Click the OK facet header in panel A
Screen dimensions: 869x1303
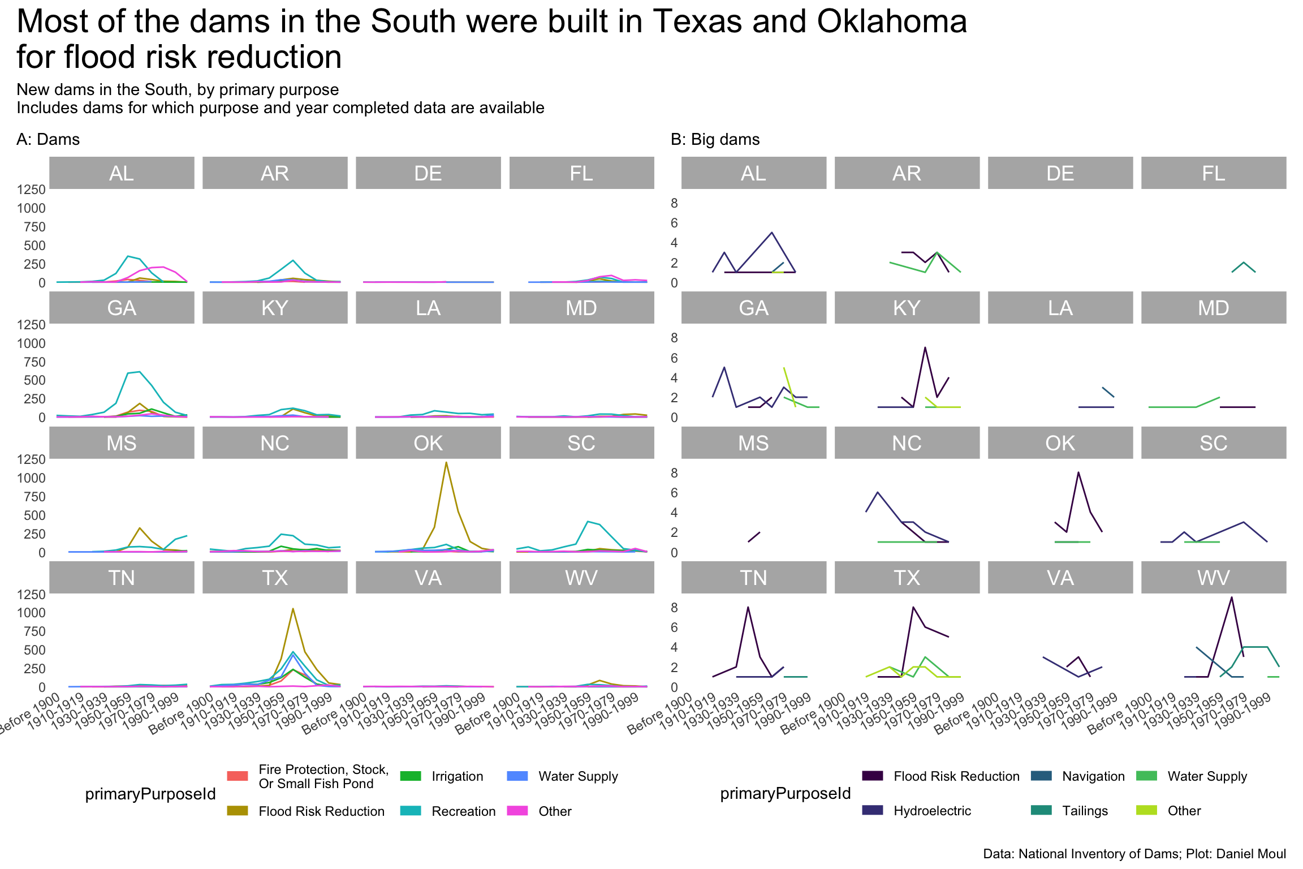(428, 443)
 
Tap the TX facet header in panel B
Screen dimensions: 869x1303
(907, 578)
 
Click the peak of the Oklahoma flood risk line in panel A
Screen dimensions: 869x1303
(446, 463)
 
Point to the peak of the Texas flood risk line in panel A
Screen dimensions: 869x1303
(292, 609)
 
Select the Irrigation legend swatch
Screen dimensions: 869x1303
(410, 776)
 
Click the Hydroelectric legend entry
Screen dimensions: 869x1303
(931, 811)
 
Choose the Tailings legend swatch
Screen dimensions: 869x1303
(1041, 811)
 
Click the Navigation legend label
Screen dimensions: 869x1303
(1093, 776)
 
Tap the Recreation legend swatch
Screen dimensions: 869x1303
(410, 811)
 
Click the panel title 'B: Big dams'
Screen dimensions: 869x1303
(715, 140)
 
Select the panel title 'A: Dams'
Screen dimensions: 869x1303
(48, 140)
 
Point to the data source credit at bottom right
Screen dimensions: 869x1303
(1134, 854)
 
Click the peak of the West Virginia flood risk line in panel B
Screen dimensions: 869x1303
(1231, 597)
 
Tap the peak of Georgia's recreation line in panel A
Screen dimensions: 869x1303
(139, 372)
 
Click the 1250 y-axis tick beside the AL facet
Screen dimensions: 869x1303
(31, 190)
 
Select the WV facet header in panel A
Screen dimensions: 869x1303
(581, 578)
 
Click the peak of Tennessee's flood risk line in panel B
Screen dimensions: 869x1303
(748, 607)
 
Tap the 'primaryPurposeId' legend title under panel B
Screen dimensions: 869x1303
(785, 794)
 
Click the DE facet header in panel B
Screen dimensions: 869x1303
(1060, 173)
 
